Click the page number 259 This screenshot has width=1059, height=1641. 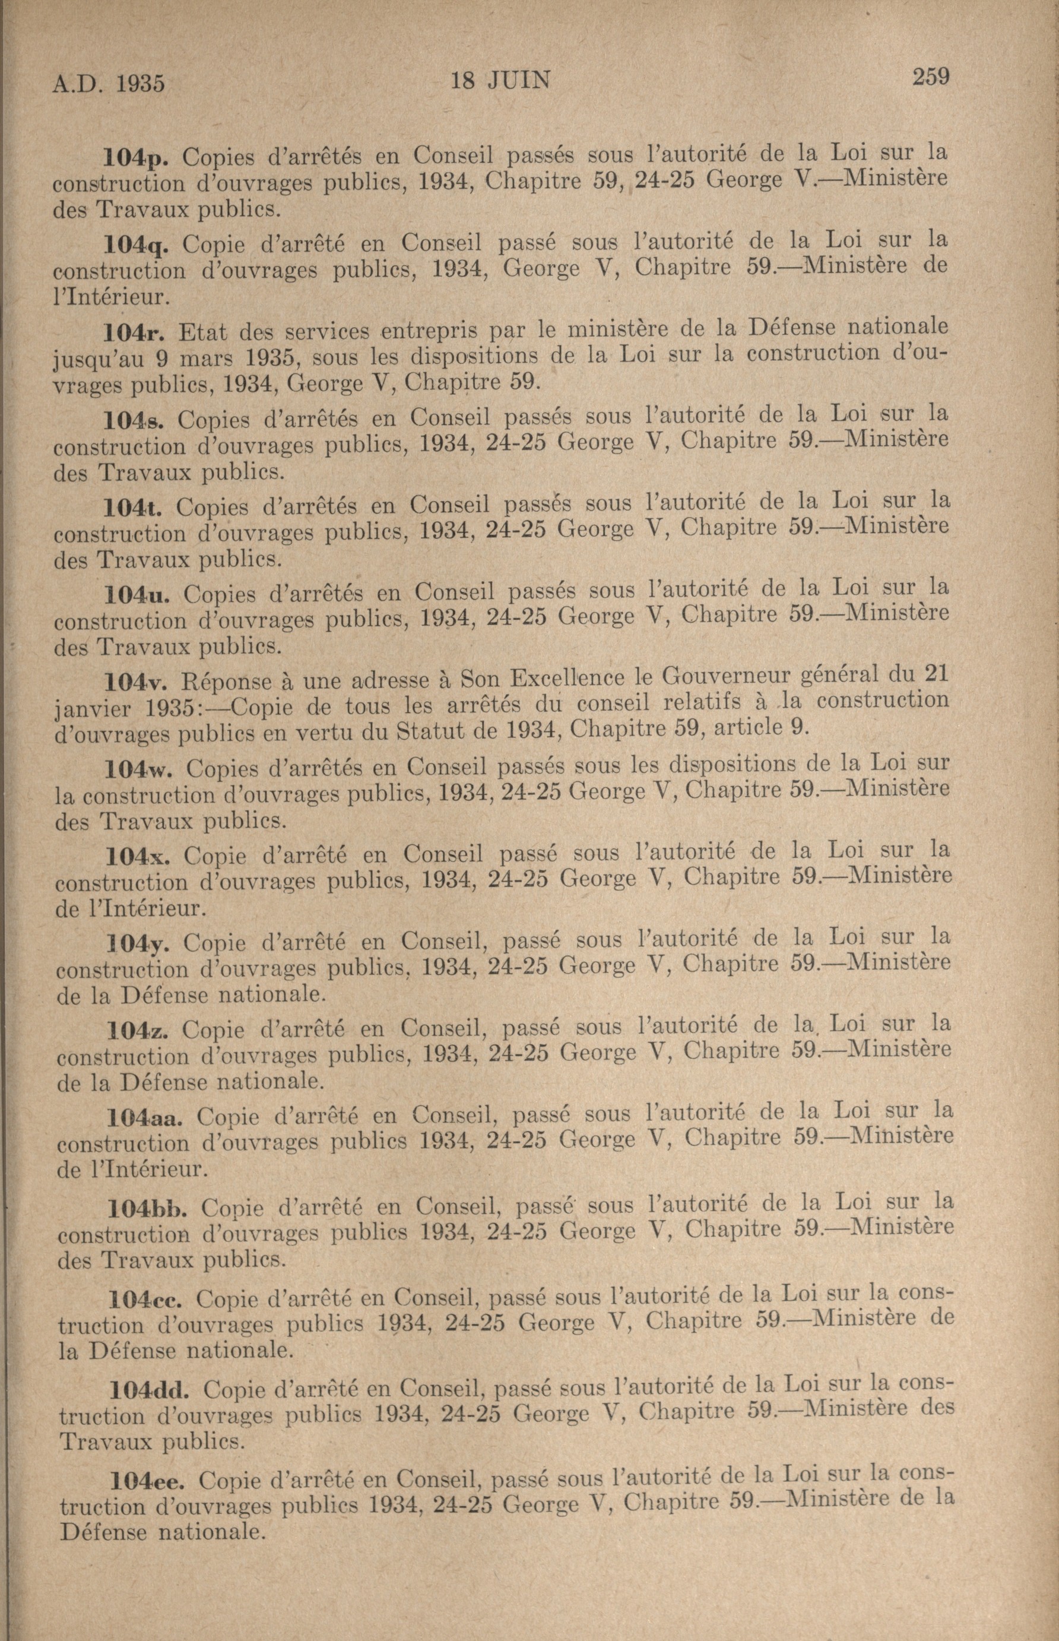[x=930, y=75]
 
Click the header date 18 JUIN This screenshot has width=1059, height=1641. [x=500, y=81]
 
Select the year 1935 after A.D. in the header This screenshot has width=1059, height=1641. [x=140, y=84]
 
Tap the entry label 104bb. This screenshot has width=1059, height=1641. [x=148, y=1208]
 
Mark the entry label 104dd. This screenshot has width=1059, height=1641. [x=150, y=1384]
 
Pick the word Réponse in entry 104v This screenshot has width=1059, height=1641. [x=227, y=682]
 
